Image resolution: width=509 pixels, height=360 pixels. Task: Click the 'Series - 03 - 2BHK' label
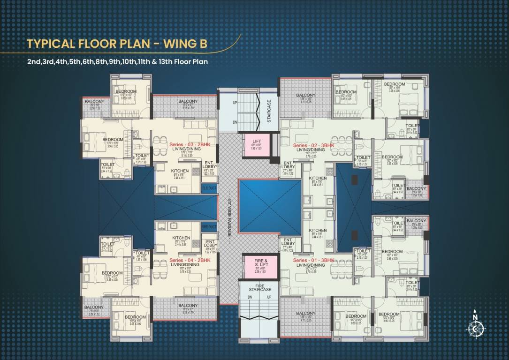tap(190, 146)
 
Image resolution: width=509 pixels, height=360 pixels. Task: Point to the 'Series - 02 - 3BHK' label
tap(313, 146)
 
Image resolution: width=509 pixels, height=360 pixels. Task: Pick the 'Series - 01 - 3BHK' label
tap(313, 260)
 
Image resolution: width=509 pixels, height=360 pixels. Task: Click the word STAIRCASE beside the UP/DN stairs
tap(269, 111)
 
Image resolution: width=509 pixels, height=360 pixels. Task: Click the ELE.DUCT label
tap(209, 188)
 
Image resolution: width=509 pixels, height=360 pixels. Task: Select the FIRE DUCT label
tap(209, 226)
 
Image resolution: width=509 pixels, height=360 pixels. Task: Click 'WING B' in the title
tap(184, 44)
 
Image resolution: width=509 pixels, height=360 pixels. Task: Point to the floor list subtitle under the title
tap(117, 61)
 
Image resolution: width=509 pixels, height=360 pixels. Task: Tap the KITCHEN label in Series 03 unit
tap(180, 171)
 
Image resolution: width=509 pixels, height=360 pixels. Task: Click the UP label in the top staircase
tap(235, 102)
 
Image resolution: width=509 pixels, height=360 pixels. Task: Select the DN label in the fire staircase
tap(250, 297)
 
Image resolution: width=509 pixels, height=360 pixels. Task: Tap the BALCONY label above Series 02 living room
tap(306, 96)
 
